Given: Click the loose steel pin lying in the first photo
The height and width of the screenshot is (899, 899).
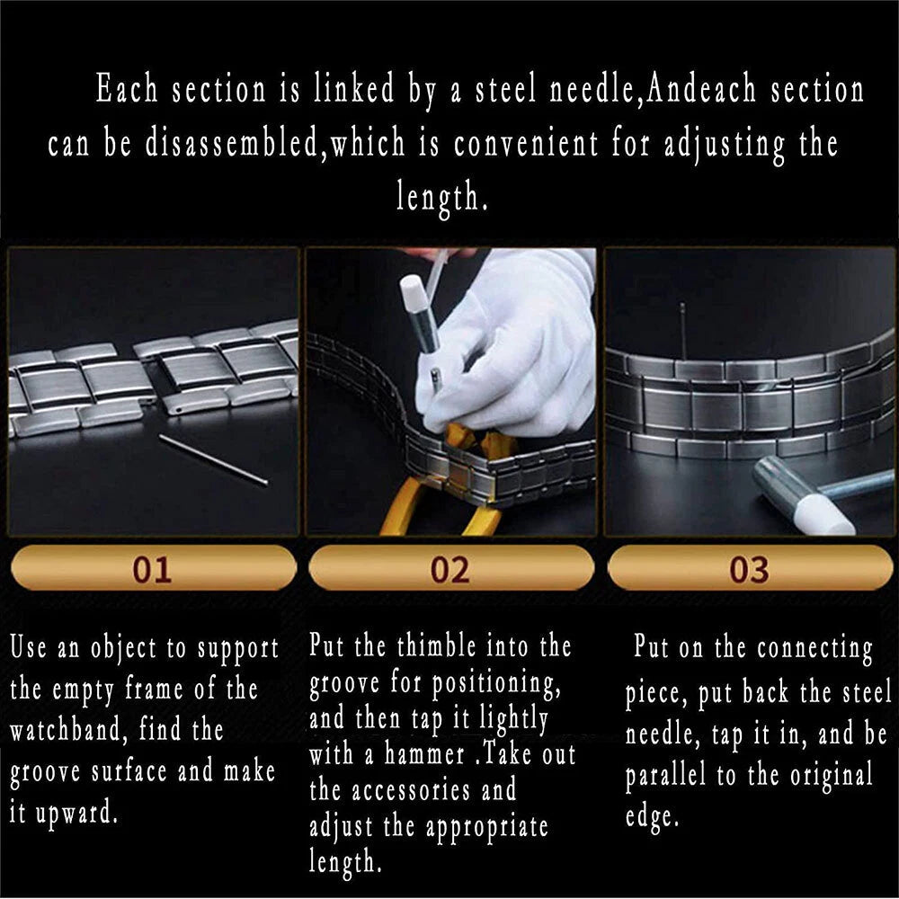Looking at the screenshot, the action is click(x=213, y=459).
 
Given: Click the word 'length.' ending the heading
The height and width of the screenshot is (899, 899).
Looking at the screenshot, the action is click(x=442, y=198).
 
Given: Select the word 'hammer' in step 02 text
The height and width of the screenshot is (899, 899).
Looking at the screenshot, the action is click(x=424, y=754).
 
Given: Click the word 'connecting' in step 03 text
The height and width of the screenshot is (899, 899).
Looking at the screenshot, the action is click(x=814, y=650).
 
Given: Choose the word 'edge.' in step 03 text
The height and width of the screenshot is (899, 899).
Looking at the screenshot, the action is click(x=652, y=817).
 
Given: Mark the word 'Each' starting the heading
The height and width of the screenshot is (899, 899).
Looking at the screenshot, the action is click(x=126, y=89).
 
